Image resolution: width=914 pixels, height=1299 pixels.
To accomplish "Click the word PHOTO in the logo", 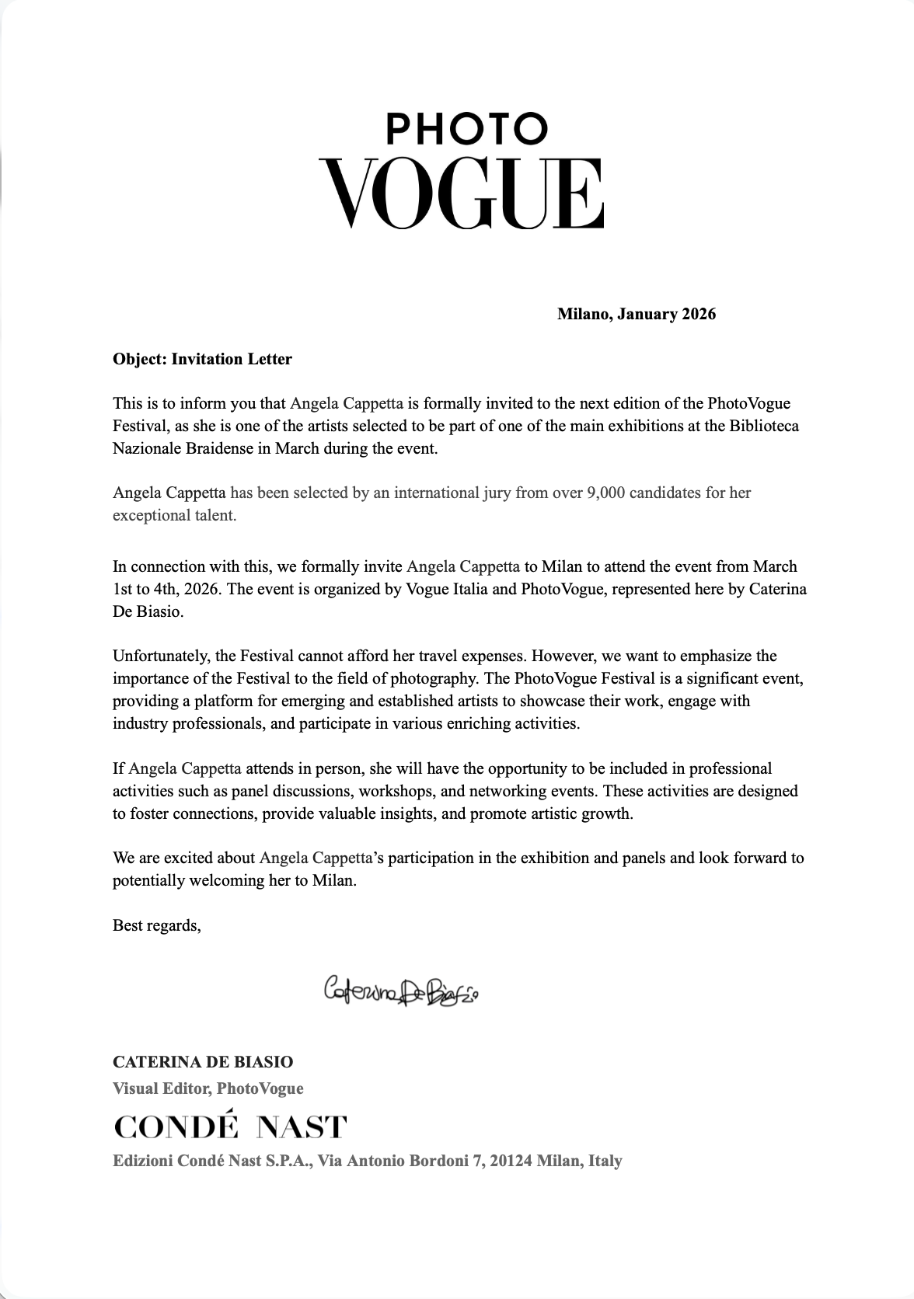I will [x=467, y=130].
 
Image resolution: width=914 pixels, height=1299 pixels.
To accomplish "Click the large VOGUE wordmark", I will [x=462, y=193].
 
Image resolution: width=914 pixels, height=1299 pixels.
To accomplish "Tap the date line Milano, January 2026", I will [x=636, y=315].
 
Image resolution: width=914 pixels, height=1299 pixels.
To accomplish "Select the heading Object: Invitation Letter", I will [x=202, y=359].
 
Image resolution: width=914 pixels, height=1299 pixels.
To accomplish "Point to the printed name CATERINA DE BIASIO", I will [x=203, y=1062].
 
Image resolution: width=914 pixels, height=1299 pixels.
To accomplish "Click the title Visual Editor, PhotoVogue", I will [x=208, y=1088].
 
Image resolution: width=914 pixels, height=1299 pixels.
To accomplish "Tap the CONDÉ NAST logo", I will [x=230, y=1127].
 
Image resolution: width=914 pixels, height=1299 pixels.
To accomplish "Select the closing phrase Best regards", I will [x=156, y=925].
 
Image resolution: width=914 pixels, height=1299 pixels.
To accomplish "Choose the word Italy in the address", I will [x=605, y=1161].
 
